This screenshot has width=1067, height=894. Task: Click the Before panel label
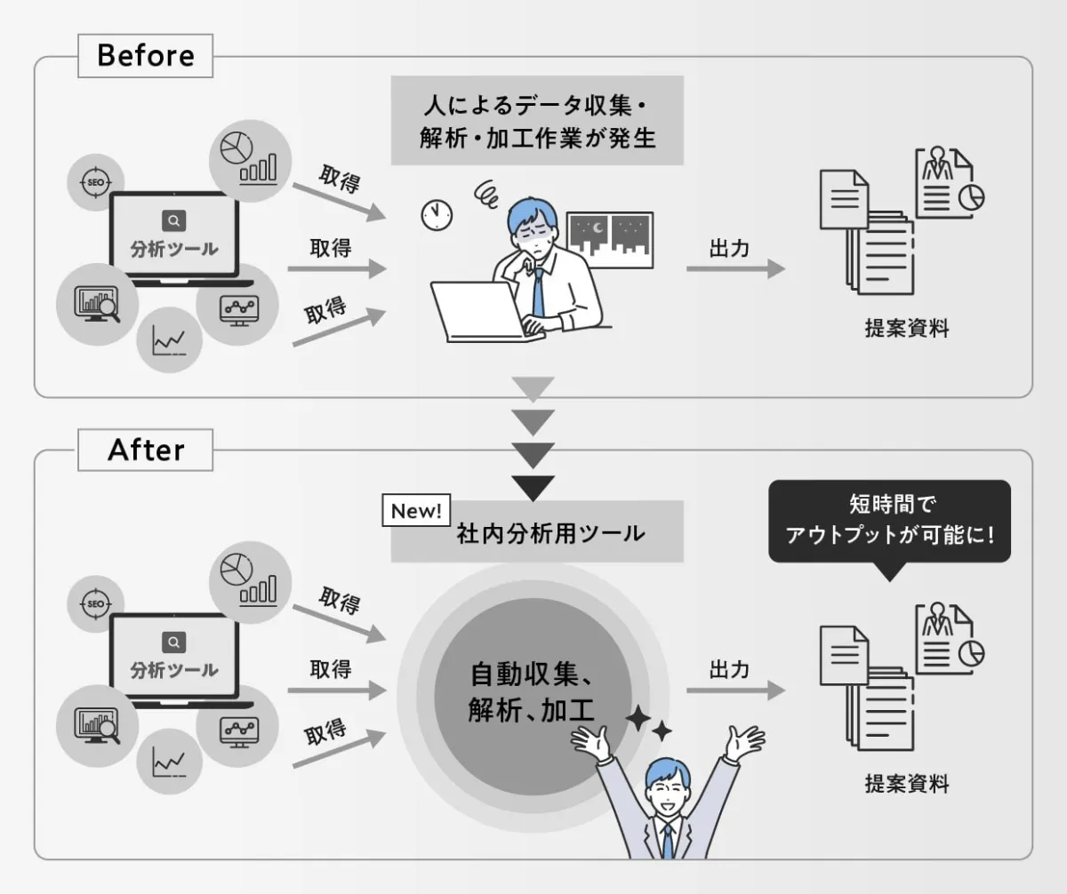[145, 56]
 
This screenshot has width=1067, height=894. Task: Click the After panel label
[145, 451]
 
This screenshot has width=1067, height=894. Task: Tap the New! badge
[416, 511]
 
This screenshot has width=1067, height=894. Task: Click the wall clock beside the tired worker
[437, 213]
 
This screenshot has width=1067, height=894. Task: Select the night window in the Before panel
[610, 239]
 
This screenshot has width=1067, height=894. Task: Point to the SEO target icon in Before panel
[96, 182]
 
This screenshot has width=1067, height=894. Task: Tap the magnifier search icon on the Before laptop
[174, 220]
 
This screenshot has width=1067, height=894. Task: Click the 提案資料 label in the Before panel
[907, 328]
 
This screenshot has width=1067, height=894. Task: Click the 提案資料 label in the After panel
[907, 784]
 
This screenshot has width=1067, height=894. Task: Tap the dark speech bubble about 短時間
[889, 522]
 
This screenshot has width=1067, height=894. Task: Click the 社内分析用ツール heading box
[537, 533]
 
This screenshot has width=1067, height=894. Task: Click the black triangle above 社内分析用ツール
[533, 487]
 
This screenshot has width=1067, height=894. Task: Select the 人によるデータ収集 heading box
[537, 120]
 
